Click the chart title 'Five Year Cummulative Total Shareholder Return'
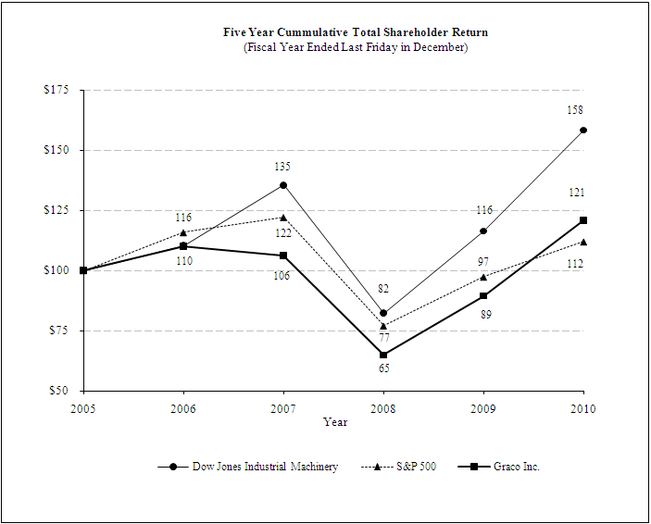pos(356,32)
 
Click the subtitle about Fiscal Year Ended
pos(356,47)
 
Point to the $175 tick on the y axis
pos(57,90)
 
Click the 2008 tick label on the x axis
pos(383,408)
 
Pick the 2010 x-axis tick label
pos(582,408)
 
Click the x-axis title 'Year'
pos(335,422)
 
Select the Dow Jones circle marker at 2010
pos(583,131)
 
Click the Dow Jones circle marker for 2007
pos(283,185)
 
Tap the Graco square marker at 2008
pos(383,355)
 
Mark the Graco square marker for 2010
pos(583,220)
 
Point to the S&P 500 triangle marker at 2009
pos(483,277)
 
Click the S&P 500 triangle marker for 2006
pos(183,232)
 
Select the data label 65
pos(383,368)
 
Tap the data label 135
pos(283,167)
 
